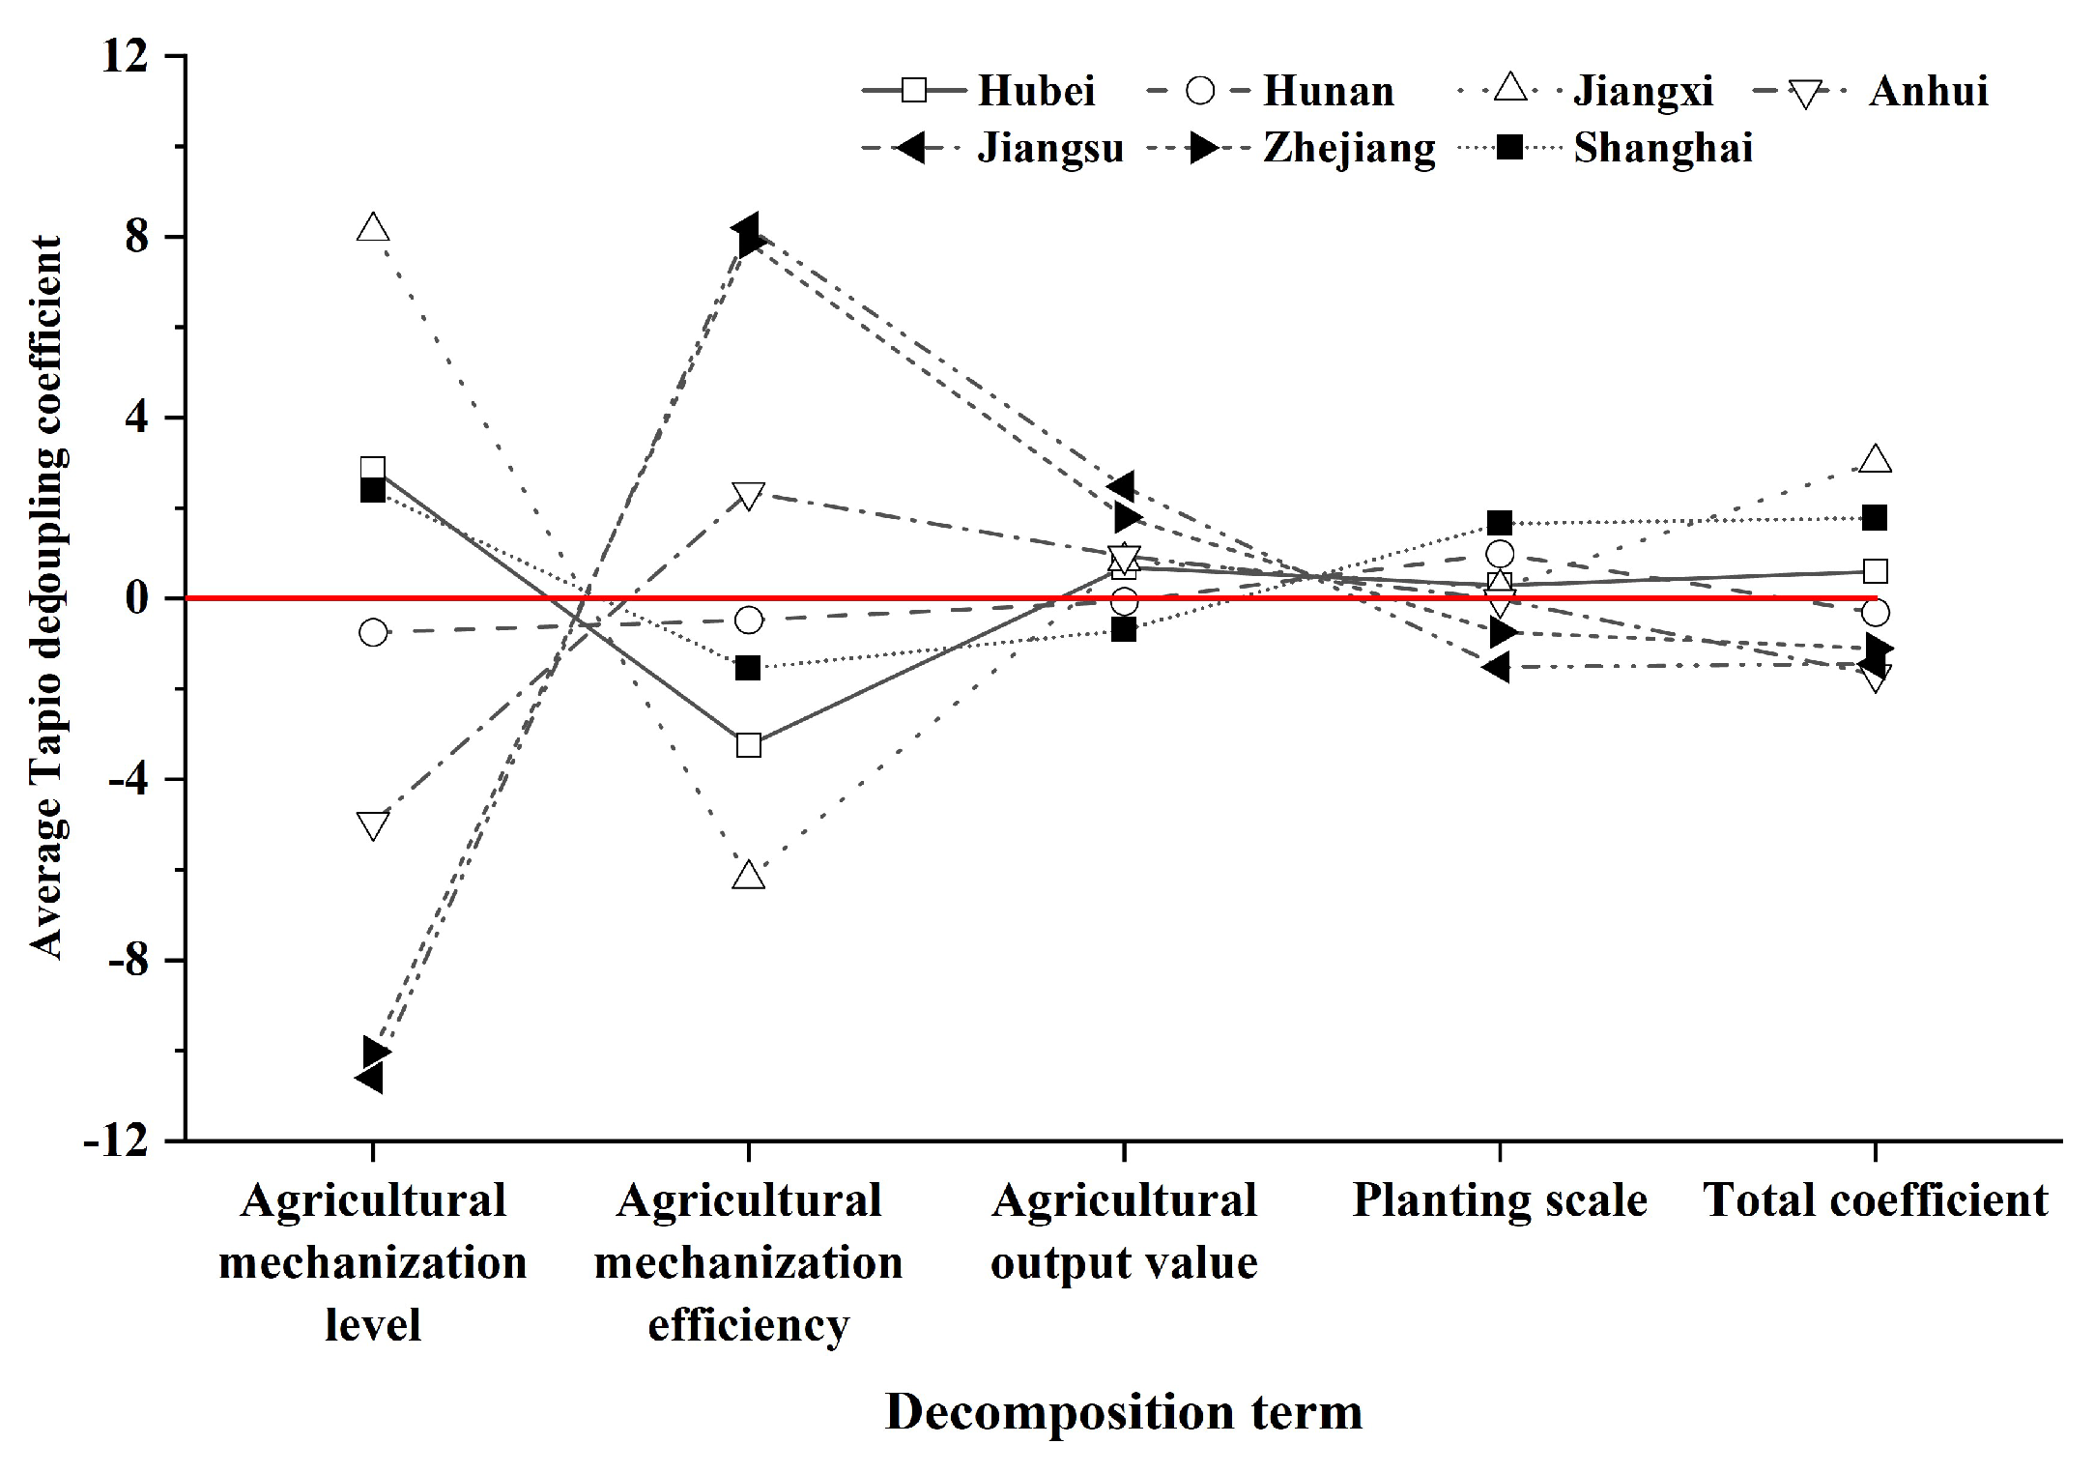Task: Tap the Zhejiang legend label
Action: click(1349, 148)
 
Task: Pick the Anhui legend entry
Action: click(1928, 91)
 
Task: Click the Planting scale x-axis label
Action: click(1499, 1200)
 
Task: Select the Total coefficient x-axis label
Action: click(1875, 1200)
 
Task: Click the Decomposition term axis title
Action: click(1123, 1412)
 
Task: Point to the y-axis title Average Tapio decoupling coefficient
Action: click(45, 597)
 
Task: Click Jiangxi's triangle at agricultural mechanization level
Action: click(373, 229)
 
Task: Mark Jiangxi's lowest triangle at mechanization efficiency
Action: click(749, 876)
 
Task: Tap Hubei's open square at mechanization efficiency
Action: click(749, 745)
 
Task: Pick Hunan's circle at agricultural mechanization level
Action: click(373, 633)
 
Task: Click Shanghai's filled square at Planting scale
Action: click(1499, 524)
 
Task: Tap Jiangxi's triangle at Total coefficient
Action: click(1875, 459)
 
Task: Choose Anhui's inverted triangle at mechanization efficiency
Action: click(749, 495)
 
